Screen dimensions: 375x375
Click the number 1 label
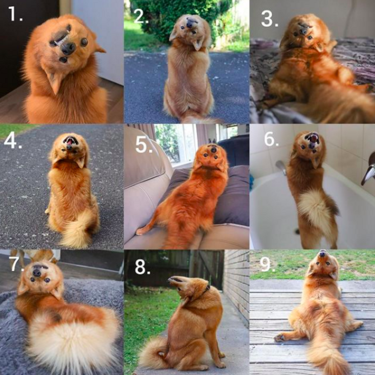pyautogui.click(x=14, y=14)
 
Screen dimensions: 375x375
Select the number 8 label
pyautogui.click(x=142, y=267)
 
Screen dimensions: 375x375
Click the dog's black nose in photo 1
pyautogui.click(x=68, y=48)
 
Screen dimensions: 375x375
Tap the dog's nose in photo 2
pyautogui.click(x=191, y=23)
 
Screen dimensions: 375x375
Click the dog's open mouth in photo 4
pyautogui.click(x=70, y=141)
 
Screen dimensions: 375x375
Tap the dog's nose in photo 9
pyautogui.click(x=323, y=254)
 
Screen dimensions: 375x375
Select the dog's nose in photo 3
pyautogui.click(x=303, y=31)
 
